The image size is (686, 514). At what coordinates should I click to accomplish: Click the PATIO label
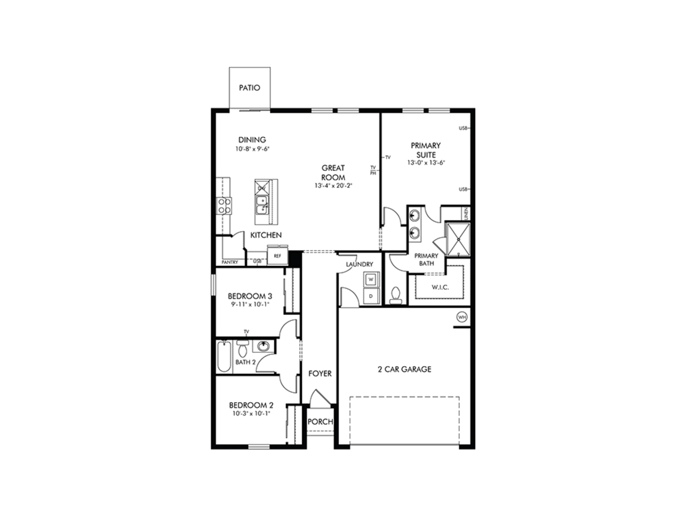point(250,88)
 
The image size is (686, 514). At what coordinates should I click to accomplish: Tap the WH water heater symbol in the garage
point(462,317)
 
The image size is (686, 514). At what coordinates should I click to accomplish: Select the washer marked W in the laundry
point(371,279)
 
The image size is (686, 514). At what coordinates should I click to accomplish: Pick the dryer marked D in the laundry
point(371,296)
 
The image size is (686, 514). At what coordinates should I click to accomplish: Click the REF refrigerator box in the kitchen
point(277,256)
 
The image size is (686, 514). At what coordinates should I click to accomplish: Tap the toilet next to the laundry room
point(396,296)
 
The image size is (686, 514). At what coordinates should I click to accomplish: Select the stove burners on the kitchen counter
point(224,206)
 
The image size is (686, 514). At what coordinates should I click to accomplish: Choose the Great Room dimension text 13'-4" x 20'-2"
point(333,186)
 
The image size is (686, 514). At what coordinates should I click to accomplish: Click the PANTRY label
point(230,262)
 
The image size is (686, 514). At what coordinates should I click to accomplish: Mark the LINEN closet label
point(466,213)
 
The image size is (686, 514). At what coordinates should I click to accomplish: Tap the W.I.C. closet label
point(440,287)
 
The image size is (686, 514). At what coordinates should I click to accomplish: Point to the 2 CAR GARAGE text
point(404,369)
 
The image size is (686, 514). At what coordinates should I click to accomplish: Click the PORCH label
point(320,421)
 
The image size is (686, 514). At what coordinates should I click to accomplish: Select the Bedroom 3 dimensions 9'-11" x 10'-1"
point(250,305)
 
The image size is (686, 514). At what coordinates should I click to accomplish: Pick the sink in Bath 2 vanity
point(263,346)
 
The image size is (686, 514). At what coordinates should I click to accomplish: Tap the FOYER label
point(320,374)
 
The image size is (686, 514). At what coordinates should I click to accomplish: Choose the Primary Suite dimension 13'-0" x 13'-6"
point(426,163)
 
